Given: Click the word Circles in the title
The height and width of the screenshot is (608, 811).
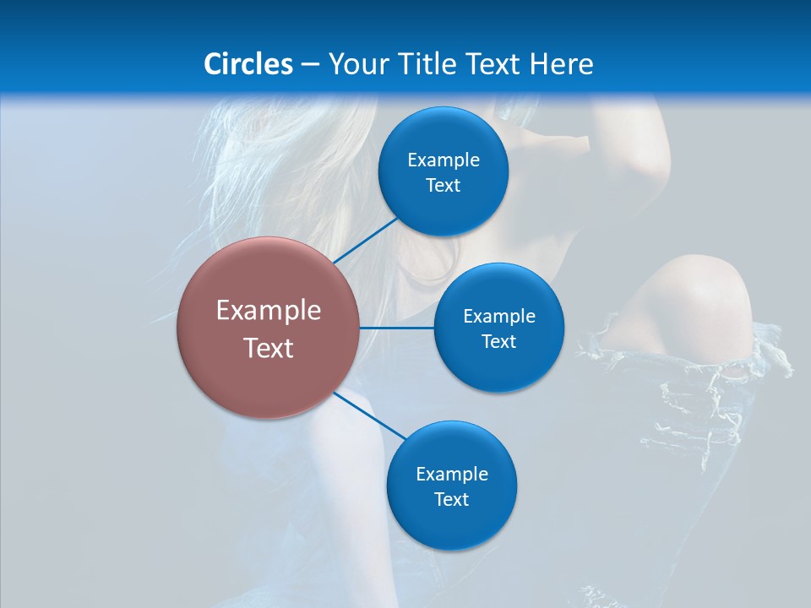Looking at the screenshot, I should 248,64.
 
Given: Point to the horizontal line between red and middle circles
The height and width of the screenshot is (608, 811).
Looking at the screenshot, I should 397,328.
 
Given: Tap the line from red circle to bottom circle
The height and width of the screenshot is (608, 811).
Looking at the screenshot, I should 370,415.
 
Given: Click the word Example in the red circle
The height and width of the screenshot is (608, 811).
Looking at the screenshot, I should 269,311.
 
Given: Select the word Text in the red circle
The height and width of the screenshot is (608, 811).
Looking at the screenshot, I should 269,348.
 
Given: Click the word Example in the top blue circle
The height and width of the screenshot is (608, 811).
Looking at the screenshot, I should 444,160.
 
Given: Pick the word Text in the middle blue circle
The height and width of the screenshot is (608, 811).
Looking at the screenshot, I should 498,341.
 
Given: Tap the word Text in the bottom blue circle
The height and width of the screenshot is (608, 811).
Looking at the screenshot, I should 452,499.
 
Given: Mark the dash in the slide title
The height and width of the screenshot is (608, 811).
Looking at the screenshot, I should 310,64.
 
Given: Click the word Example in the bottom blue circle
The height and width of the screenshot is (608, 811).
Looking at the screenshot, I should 452,474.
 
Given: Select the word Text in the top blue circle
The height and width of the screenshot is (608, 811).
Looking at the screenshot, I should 444,185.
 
